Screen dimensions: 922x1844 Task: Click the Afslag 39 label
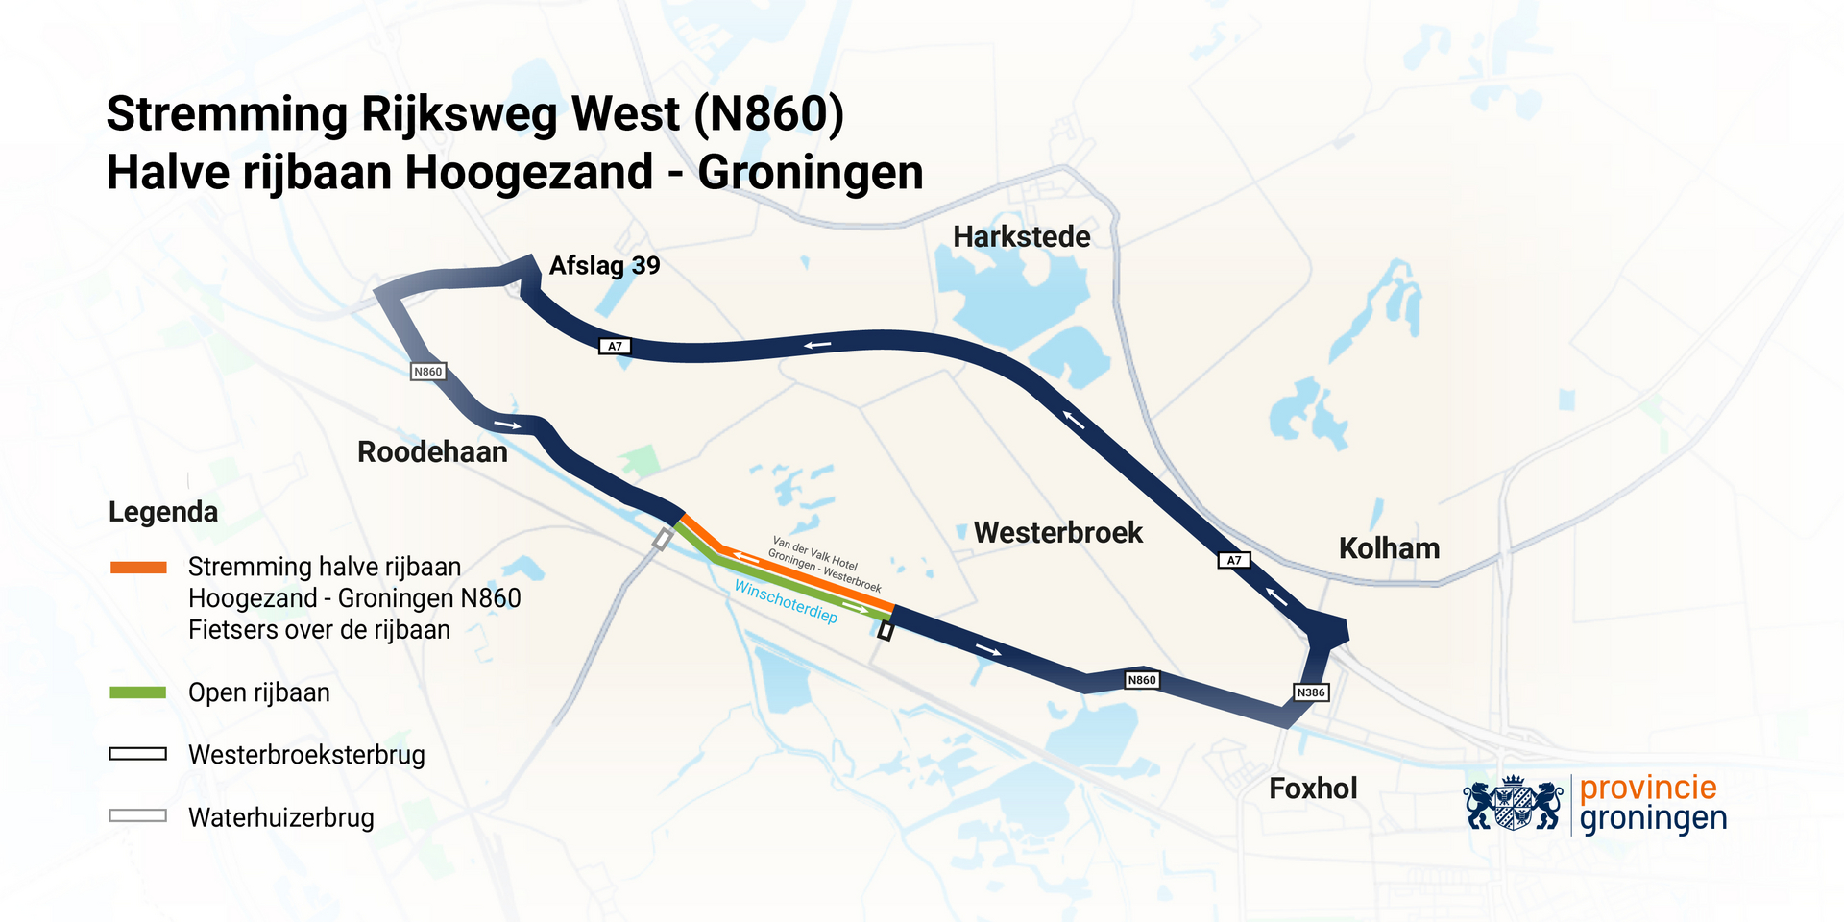[604, 266]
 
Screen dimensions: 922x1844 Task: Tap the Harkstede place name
[1021, 237]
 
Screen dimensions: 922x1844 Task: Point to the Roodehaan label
[432, 452]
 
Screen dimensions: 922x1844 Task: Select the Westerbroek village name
[1057, 533]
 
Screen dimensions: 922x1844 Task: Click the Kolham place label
[1389, 549]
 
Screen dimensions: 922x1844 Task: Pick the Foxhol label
[1313, 789]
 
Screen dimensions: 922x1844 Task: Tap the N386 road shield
[1310, 692]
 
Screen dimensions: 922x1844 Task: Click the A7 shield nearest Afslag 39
[615, 347]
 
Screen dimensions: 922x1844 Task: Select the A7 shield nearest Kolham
[1234, 560]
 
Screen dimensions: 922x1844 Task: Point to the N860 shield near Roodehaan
[427, 372]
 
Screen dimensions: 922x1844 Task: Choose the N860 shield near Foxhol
[1141, 680]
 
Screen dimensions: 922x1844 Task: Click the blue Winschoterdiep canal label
[785, 601]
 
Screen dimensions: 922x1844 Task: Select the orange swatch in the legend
[138, 568]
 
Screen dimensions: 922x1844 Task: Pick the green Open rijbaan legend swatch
[138, 692]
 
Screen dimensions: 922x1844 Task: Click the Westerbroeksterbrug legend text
[306, 755]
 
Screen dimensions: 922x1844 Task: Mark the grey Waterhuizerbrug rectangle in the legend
[138, 816]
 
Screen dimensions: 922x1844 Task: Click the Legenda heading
[163, 512]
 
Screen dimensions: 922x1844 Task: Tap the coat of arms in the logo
[1513, 804]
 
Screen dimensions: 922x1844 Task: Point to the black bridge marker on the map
[886, 631]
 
